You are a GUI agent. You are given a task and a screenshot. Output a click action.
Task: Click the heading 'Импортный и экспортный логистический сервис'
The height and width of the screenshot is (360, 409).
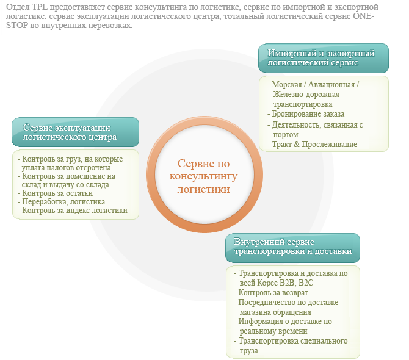pos(321,58)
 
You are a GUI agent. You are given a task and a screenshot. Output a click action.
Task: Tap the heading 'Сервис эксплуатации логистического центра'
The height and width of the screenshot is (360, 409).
pos(70,132)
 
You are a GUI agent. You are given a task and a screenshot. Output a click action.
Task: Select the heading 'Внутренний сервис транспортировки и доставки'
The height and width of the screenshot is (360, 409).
pos(292,247)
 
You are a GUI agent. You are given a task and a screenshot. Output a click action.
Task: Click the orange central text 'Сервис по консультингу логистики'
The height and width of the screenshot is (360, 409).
pos(203,176)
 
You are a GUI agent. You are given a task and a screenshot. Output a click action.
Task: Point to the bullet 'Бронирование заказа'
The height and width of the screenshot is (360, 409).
pos(306,114)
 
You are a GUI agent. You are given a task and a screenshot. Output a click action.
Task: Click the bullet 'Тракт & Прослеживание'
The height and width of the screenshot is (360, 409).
pos(312,144)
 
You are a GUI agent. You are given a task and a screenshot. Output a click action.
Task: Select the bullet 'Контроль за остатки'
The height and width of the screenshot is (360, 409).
pos(55,193)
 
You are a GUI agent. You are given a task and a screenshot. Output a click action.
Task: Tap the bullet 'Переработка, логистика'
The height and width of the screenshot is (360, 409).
pos(61,202)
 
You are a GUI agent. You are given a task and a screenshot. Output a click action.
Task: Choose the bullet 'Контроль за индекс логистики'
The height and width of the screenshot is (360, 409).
pos(73,210)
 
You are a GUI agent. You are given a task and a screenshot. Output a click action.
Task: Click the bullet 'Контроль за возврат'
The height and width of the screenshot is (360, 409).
pos(271,293)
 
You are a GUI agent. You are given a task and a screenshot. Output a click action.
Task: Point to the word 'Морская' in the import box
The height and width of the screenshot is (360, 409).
pos(287,84)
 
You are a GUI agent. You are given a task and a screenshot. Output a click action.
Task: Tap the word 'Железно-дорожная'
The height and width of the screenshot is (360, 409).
pos(306,94)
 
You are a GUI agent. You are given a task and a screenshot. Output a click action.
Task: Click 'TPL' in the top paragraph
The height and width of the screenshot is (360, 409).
pos(40,7)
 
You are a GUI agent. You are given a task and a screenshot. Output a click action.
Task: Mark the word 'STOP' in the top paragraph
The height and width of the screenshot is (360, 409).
pos(16,26)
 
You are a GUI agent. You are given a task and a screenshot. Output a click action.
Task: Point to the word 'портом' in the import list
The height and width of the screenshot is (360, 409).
pos(286,135)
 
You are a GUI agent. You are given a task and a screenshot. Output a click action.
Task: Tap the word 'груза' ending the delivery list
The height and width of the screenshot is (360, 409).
pos(249,351)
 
